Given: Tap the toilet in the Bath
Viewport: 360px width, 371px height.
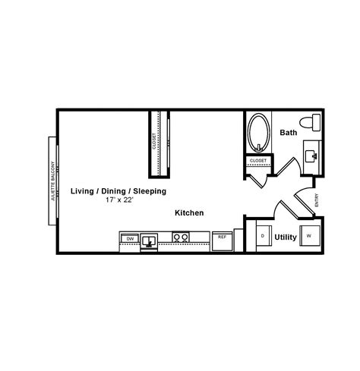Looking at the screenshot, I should pyautogui.click(x=309, y=122).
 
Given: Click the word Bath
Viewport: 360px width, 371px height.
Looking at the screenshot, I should pyautogui.click(x=288, y=133).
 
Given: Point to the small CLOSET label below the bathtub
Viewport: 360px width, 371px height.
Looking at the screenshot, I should pyautogui.click(x=257, y=161).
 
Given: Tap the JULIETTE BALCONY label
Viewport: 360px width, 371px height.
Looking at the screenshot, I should pyautogui.click(x=52, y=181).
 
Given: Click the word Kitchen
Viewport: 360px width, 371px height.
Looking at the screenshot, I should pyautogui.click(x=189, y=214).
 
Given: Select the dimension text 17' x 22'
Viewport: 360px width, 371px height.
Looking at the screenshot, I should pyautogui.click(x=118, y=201).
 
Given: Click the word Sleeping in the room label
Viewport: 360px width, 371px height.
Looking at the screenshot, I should pyautogui.click(x=149, y=191).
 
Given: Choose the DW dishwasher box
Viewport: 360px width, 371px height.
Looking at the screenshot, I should pyautogui.click(x=129, y=238).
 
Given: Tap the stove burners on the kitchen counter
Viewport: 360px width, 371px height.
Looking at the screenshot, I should pyautogui.click(x=181, y=237).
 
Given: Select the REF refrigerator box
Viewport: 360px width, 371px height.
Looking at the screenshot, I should pyautogui.click(x=223, y=237).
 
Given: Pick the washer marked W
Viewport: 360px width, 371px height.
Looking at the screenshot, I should pyautogui.click(x=308, y=236).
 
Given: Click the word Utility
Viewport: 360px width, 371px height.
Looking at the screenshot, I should pyautogui.click(x=285, y=237).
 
